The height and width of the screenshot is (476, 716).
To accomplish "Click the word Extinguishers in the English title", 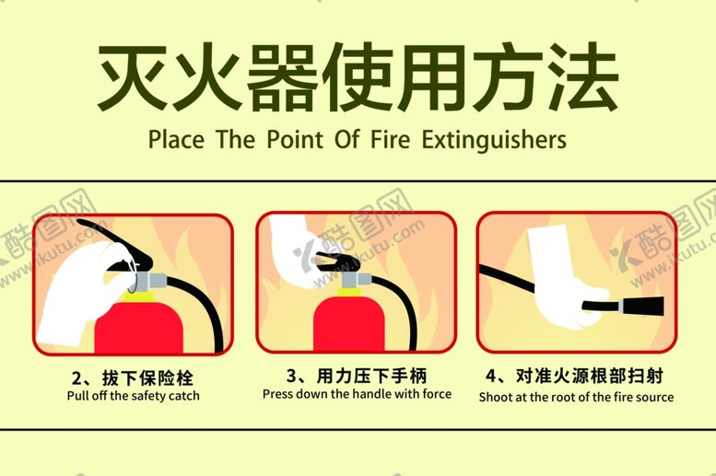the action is [x=494, y=140].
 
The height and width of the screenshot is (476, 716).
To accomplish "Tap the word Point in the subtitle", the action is [x=296, y=139].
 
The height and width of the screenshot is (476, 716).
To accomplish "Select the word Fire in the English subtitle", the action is [x=391, y=139].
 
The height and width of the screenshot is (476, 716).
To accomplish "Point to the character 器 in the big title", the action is [x=282, y=76].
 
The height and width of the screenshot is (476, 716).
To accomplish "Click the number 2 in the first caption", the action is [x=76, y=378].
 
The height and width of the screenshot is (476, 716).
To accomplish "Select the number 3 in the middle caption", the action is [x=292, y=376].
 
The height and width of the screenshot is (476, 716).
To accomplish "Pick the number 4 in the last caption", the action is [x=491, y=376].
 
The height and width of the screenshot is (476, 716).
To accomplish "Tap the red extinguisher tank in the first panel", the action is [x=139, y=327].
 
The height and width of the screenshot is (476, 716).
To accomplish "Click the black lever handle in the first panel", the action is [x=115, y=243].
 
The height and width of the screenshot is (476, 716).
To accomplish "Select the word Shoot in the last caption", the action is [x=496, y=397].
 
